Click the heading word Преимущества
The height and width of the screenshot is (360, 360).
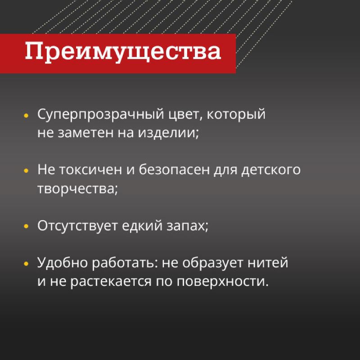(123, 52)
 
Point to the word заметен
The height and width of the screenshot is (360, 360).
(82, 133)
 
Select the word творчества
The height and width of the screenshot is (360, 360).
(77, 189)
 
